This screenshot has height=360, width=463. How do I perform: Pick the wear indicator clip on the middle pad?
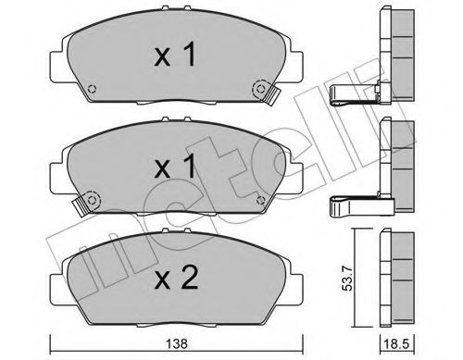tap(88, 199)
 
